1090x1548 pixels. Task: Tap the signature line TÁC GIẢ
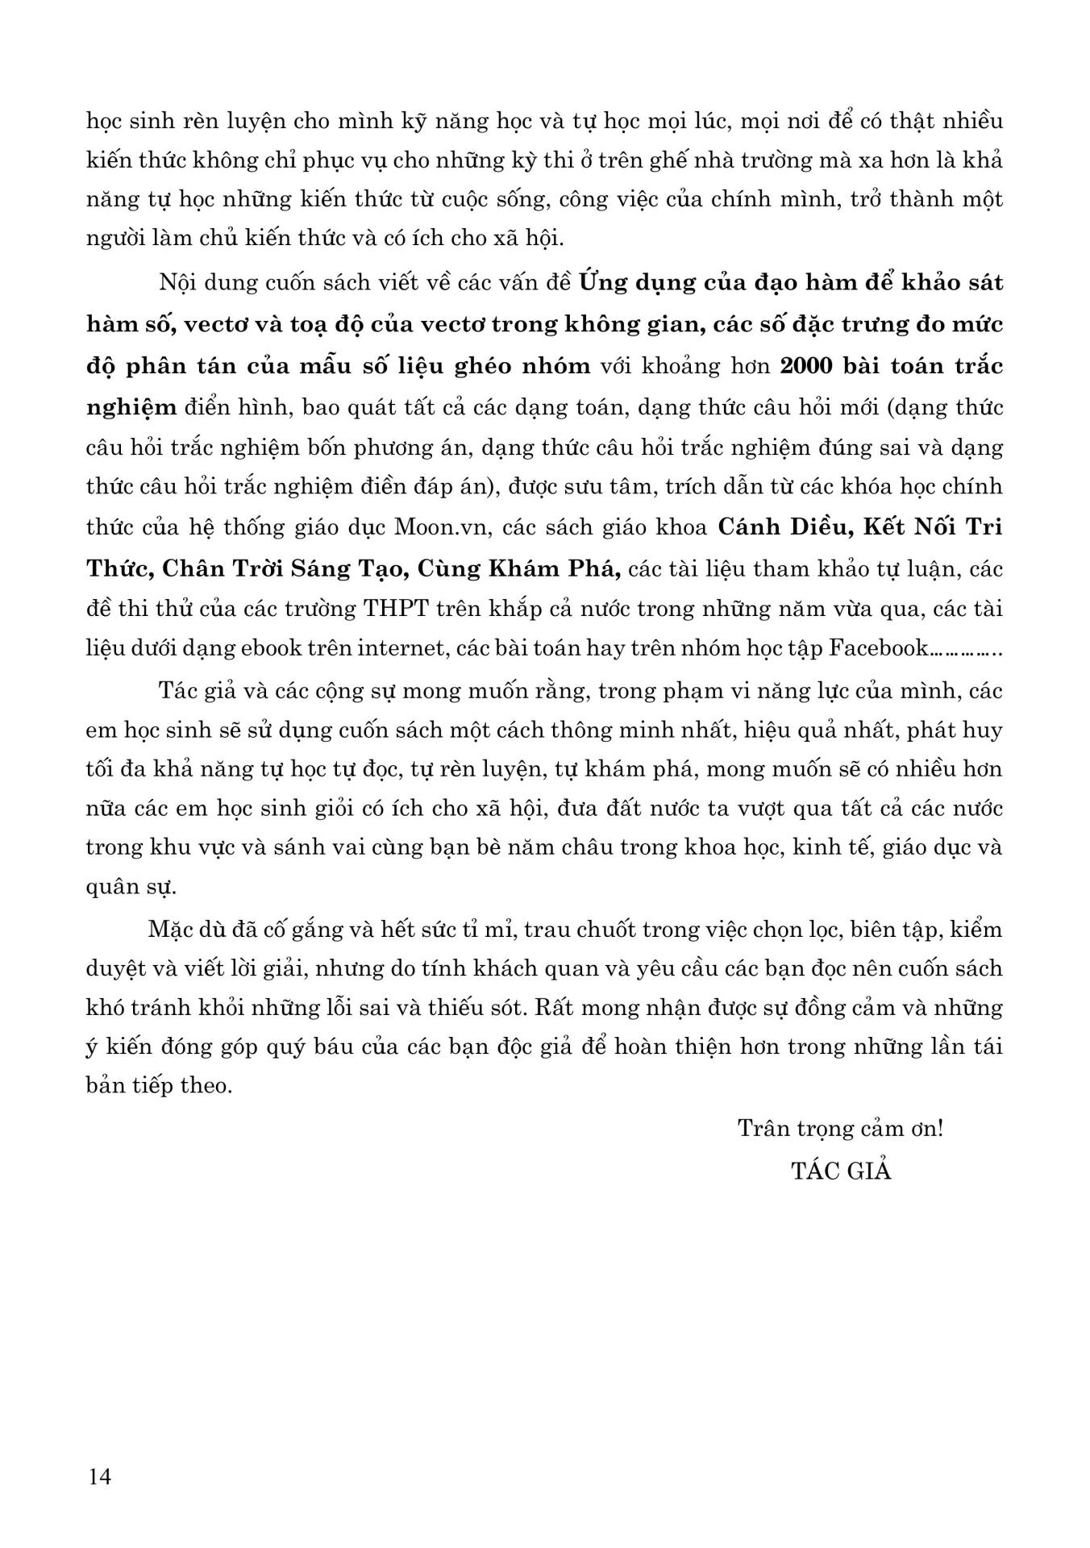tap(841, 1171)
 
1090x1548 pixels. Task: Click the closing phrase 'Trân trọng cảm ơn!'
tap(840, 1128)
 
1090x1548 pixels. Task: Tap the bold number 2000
tap(809, 365)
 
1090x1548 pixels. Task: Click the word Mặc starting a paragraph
tap(170, 929)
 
